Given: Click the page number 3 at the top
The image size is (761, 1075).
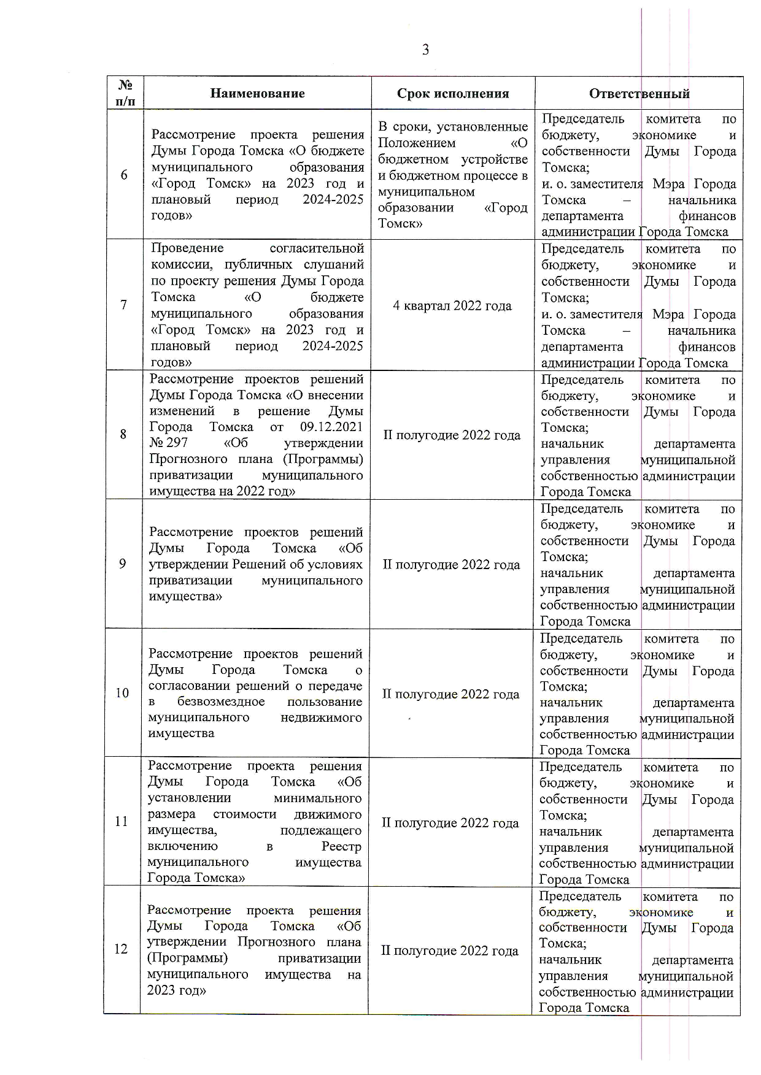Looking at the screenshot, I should click(425, 50).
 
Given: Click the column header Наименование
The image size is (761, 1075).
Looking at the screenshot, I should click(257, 94).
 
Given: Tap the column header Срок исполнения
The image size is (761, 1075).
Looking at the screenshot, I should click(453, 94).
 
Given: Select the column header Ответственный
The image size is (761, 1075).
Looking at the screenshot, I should click(639, 94).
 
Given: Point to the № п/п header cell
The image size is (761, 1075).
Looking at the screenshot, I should click(125, 93).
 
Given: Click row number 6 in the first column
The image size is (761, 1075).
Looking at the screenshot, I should click(124, 175).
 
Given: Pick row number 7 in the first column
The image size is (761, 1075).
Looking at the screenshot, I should click(124, 305).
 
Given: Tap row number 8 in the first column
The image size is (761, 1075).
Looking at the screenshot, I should click(123, 435).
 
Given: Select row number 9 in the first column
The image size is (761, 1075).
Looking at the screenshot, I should click(123, 564).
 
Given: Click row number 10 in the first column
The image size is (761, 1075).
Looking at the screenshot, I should click(122, 694).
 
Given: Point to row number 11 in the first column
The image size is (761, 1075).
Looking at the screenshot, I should click(122, 822).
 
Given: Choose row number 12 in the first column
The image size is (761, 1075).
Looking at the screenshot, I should click(121, 949).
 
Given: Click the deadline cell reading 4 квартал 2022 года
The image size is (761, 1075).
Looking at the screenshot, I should click(452, 306).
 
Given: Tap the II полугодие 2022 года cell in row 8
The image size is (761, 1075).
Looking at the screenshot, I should click(452, 435).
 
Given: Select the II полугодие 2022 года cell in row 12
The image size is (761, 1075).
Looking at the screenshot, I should click(450, 951).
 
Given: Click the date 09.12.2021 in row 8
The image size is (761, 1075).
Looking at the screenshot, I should click(331, 427).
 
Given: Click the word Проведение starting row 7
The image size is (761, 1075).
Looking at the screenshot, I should click(187, 249).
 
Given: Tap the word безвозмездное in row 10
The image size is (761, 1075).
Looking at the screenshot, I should click(221, 702).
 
